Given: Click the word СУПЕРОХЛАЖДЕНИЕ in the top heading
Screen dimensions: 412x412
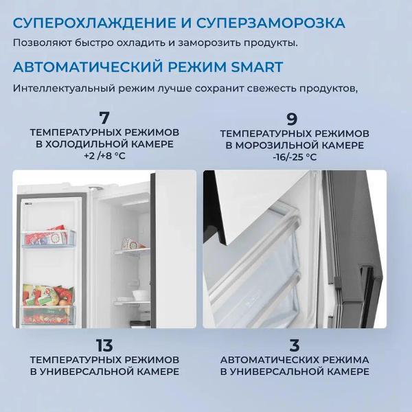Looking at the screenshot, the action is (x=94, y=23).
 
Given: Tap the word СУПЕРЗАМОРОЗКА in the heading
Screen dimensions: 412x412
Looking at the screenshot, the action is (x=271, y=23).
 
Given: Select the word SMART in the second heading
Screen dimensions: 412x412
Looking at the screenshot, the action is (x=257, y=67).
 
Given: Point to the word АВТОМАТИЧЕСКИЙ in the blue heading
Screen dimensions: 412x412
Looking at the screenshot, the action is (x=88, y=67).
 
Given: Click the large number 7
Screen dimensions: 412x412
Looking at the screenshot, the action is (x=104, y=118).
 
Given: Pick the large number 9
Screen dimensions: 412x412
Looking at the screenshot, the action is (x=292, y=119).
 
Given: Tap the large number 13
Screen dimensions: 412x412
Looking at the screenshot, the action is (x=104, y=345).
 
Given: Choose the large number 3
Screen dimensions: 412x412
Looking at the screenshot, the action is (x=295, y=345).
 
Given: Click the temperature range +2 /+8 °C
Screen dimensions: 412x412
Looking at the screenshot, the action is (x=104, y=156).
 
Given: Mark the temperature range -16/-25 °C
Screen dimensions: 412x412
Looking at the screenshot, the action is (x=295, y=157).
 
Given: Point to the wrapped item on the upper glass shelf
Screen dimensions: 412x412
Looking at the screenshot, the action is (x=131, y=244).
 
